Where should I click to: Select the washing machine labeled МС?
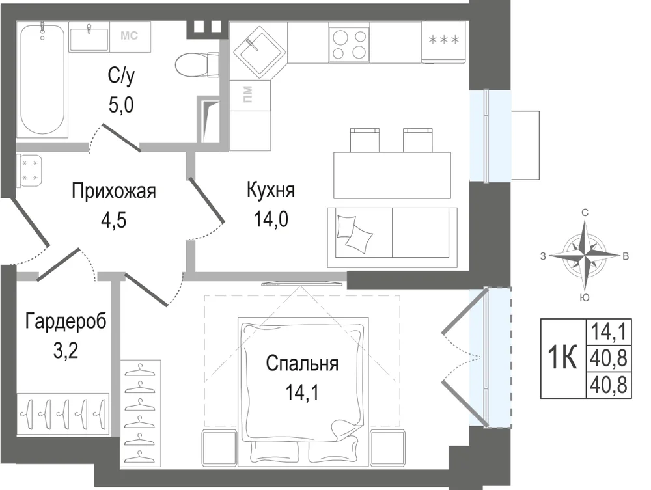click(130, 36)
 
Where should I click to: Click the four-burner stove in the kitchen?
click(349, 43)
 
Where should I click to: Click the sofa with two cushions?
click(393, 238)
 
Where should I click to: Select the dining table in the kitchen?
click(392, 175)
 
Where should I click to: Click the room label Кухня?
click(271, 191)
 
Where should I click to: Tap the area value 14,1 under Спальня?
click(302, 392)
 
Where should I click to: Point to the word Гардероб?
click(66, 322)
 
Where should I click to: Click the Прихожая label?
click(113, 192)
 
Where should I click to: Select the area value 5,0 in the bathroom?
click(121, 105)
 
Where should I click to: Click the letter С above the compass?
click(585, 213)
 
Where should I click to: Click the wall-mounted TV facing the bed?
click(302, 284)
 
